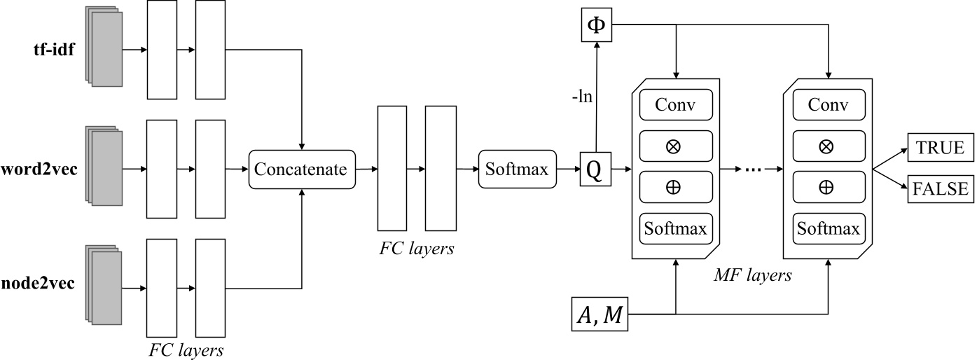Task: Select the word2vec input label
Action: (x=39, y=169)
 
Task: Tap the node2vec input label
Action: (x=38, y=284)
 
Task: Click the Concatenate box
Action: (x=301, y=169)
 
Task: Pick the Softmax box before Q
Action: (x=517, y=169)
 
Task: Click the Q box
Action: (x=595, y=169)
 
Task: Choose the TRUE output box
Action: (x=936, y=148)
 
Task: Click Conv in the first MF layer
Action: (x=676, y=105)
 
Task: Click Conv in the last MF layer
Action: (x=828, y=105)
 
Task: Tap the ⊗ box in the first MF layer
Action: (x=676, y=146)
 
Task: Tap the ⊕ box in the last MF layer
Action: (x=828, y=187)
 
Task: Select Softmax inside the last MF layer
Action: (x=828, y=228)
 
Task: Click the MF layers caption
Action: (x=753, y=275)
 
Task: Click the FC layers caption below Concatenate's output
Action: (x=417, y=248)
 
